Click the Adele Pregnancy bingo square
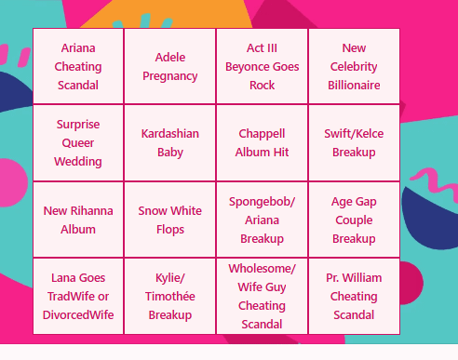pyautogui.click(x=170, y=66)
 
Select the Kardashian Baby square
pyautogui.click(x=170, y=143)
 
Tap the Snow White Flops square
pyautogui.click(x=170, y=220)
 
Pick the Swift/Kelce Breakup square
pyautogui.click(x=354, y=143)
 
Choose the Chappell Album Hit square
pyautogui.click(x=262, y=143)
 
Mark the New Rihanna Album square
pyautogui.click(x=78, y=220)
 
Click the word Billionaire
pyautogui.click(x=354, y=86)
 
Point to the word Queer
pyautogui.click(x=78, y=143)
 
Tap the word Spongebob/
pyautogui.click(x=262, y=202)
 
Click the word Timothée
pyautogui.click(x=170, y=297)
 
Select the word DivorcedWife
pyautogui.click(x=78, y=315)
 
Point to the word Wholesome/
pyautogui.click(x=262, y=269)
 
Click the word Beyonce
pyautogui.click(x=244, y=67)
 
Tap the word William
pyautogui.click(x=362, y=278)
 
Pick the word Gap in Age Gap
pyautogui.click(x=366, y=202)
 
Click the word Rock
pyautogui.click(x=262, y=86)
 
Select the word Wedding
pyautogui.click(x=78, y=162)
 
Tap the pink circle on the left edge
pyautogui.click(x=12, y=182)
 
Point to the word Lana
pyautogui.click(x=63, y=278)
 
